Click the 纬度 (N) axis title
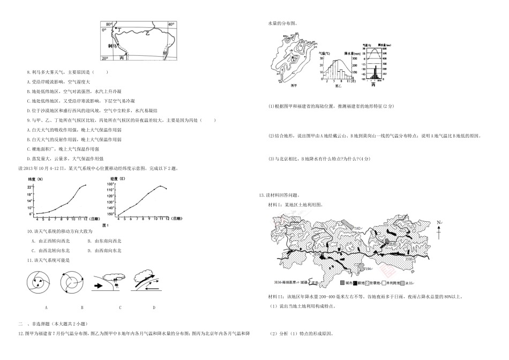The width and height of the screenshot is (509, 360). point(34,179)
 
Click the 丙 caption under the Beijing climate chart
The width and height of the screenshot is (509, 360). point(373,86)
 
